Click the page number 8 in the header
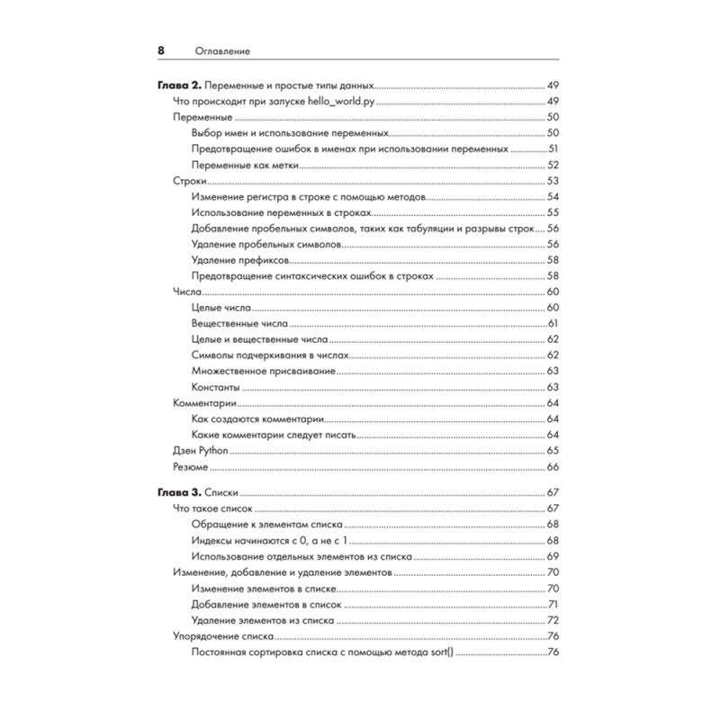click(x=161, y=50)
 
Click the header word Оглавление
click(x=220, y=51)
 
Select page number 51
click(x=553, y=148)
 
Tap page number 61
click(x=553, y=323)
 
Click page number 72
click(x=553, y=621)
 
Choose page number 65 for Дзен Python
click(x=553, y=451)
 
